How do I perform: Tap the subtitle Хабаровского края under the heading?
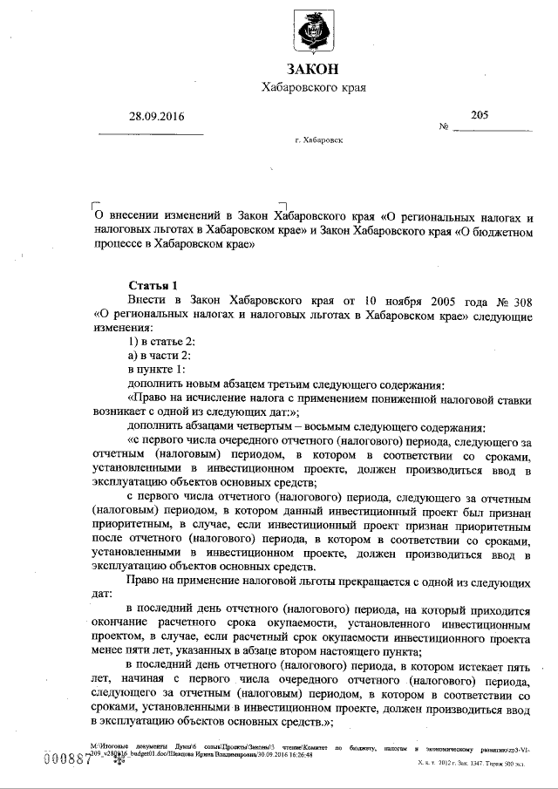tap(313, 88)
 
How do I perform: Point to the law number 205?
tap(480, 114)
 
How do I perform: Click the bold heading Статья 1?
tap(153, 284)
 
